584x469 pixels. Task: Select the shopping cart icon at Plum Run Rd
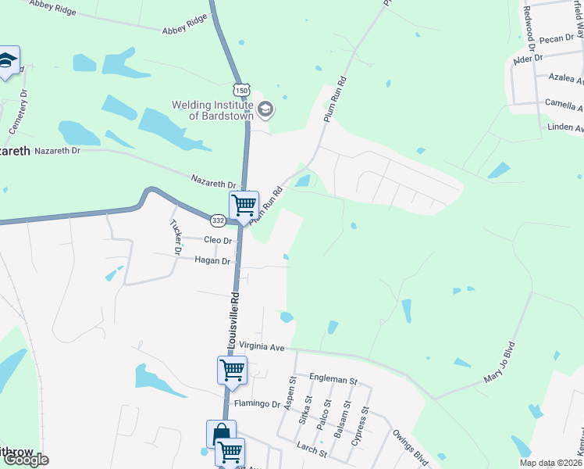tap(244, 206)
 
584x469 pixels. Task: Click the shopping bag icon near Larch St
tap(221, 434)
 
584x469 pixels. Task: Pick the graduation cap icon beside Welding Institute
tap(265, 109)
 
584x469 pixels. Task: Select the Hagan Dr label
tap(212, 261)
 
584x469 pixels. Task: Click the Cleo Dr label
tap(218, 240)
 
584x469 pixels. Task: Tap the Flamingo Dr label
tap(258, 404)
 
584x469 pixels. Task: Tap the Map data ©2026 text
tap(551, 462)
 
